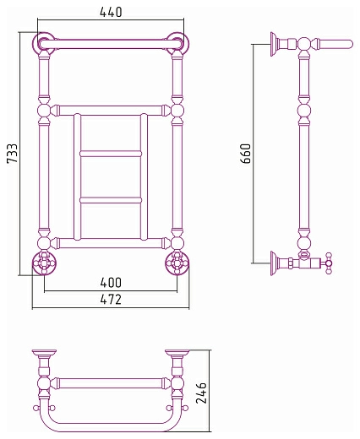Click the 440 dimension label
point(111,12)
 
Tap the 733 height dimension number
point(13,153)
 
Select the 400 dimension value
point(111,283)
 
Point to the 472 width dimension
point(111,300)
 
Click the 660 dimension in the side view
point(246,154)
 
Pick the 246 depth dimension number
point(201,393)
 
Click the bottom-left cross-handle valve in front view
point(44,263)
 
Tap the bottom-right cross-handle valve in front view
point(177,263)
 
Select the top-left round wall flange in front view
point(44,44)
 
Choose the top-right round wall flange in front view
point(177,44)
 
